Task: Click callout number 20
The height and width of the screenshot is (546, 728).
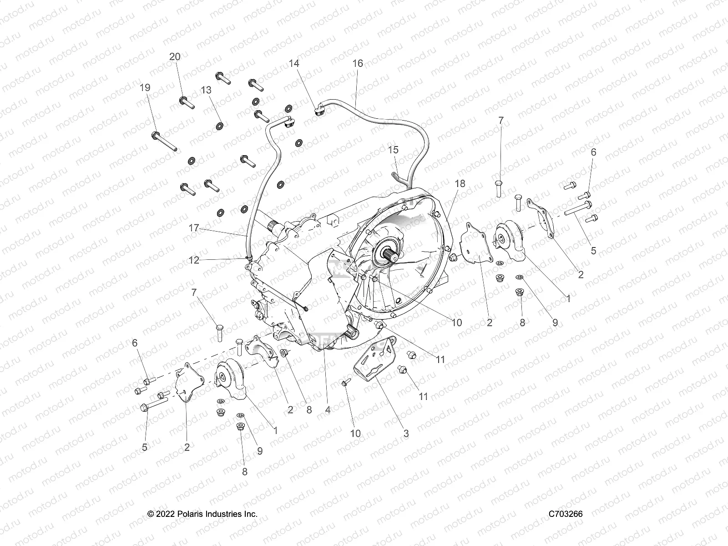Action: (x=175, y=57)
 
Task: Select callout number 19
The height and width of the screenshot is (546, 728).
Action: (x=145, y=88)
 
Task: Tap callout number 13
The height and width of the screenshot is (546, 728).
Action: (x=206, y=90)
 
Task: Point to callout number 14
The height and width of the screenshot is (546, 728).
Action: (x=294, y=63)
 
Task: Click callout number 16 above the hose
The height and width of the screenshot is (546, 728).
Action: (x=358, y=63)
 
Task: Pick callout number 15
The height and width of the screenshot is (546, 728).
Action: (x=393, y=150)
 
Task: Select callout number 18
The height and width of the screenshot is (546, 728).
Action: (x=460, y=183)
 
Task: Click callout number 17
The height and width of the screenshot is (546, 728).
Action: (x=194, y=228)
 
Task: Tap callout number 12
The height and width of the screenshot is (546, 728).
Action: (x=194, y=260)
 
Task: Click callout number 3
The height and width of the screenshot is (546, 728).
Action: (x=406, y=434)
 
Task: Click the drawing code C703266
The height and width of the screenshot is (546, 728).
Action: (x=565, y=514)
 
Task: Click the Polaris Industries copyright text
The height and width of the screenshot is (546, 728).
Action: (x=202, y=514)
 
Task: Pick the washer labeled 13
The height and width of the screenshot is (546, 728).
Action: (x=220, y=126)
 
